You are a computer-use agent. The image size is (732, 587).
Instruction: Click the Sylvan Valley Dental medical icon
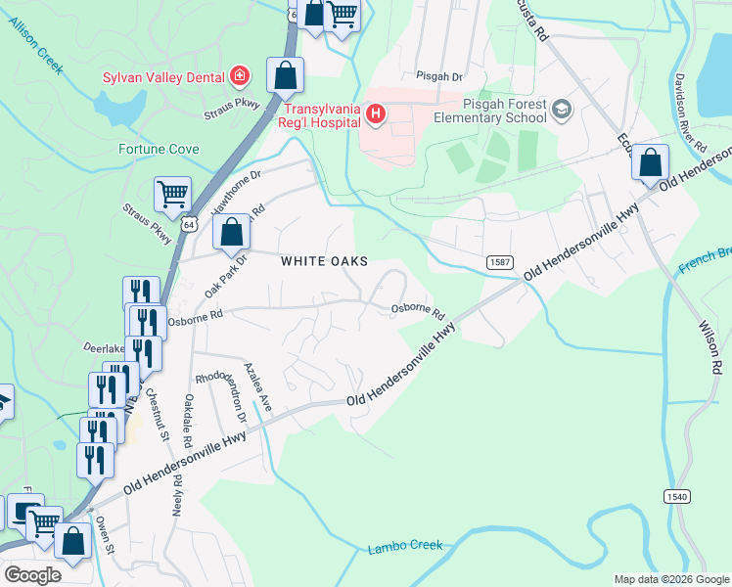(x=238, y=76)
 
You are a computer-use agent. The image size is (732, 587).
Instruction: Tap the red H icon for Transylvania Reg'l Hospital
(x=376, y=116)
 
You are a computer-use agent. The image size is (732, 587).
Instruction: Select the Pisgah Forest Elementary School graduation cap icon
(x=562, y=109)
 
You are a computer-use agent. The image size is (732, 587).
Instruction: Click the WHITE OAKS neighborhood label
(x=324, y=261)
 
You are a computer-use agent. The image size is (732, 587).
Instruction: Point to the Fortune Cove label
(x=159, y=150)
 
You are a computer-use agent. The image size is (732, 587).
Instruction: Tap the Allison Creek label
(x=36, y=45)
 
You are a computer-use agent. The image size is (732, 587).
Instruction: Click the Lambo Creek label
(x=405, y=546)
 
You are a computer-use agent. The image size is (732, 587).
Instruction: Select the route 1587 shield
(x=499, y=261)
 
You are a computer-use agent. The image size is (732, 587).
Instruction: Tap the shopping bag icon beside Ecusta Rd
(x=650, y=163)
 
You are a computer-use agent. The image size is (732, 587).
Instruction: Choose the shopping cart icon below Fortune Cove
(x=172, y=193)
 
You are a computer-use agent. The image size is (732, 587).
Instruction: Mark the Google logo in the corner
(x=32, y=575)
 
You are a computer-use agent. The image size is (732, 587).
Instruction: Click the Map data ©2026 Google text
(x=670, y=579)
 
